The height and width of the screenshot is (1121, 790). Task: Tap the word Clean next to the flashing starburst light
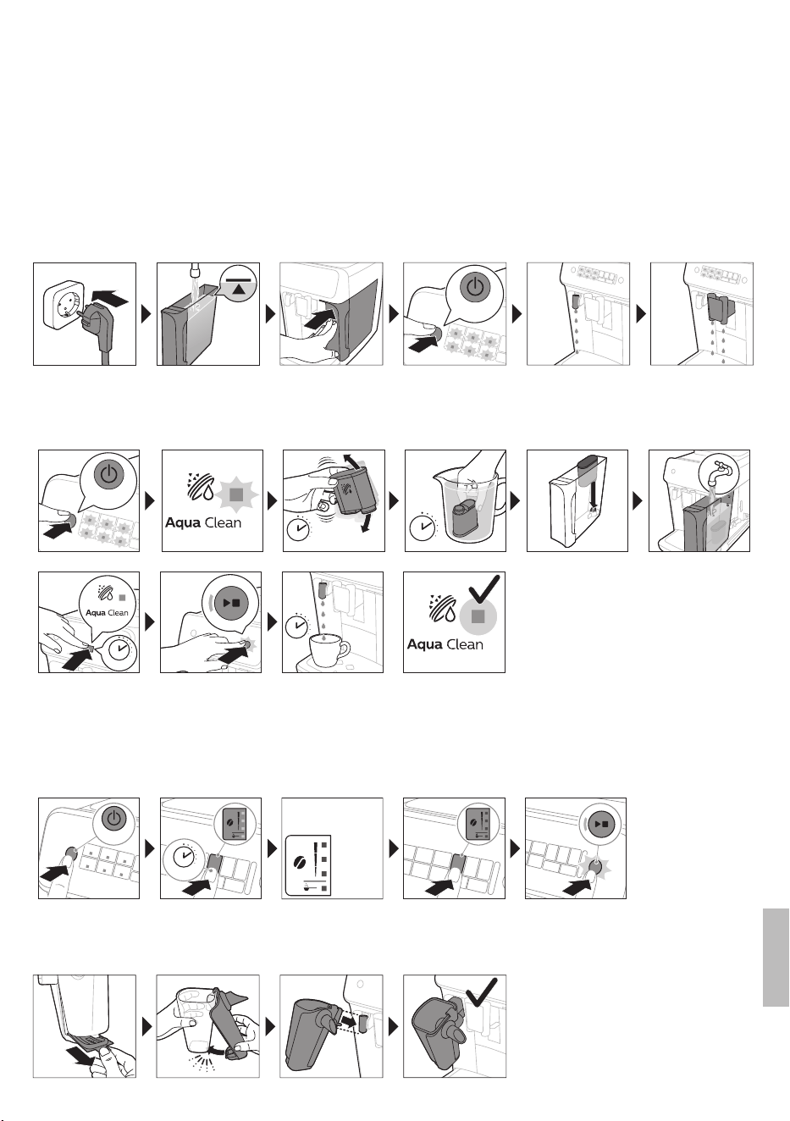(223, 523)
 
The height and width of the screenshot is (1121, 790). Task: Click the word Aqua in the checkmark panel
(426, 644)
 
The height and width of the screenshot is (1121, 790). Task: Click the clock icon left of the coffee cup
(298, 626)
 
